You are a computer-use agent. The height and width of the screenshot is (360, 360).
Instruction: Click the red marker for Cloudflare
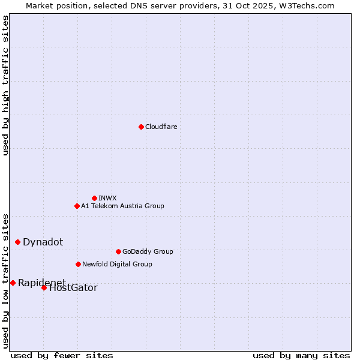[x=141, y=127]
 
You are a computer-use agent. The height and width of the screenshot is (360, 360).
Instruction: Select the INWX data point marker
[x=94, y=198]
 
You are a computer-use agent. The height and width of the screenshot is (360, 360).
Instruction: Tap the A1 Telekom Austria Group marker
[x=77, y=206]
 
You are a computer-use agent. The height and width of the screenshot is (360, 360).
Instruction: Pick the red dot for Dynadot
[x=18, y=242]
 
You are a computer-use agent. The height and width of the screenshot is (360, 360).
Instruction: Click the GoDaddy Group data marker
[x=118, y=251]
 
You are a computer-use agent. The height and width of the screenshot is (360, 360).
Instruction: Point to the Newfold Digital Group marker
[x=78, y=264]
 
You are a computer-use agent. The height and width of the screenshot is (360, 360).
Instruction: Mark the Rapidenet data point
[x=13, y=283]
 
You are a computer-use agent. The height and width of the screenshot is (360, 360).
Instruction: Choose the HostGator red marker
[x=44, y=287]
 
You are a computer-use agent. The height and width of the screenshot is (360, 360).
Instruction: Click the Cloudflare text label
[x=161, y=127]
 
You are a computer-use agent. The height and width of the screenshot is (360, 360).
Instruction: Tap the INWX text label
[x=107, y=198]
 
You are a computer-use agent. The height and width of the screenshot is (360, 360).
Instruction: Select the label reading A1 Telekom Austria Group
[x=122, y=206]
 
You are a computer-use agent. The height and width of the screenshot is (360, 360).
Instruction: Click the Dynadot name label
[x=43, y=242]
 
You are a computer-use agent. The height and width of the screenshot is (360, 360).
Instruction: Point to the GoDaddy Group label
[x=148, y=251]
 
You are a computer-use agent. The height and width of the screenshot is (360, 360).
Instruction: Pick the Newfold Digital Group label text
[x=117, y=264]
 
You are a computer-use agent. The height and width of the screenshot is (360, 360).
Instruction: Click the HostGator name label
[x=73, y=288]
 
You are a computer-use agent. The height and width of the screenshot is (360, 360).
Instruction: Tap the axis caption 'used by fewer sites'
[x=62, y=356]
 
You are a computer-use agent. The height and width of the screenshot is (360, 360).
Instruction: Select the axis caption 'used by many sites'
[x=301, y=356]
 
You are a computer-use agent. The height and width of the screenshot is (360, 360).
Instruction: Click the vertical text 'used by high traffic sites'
[x=5, y=85]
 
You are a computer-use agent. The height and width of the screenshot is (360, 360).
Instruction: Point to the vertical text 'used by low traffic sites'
[x=5, y=281]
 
